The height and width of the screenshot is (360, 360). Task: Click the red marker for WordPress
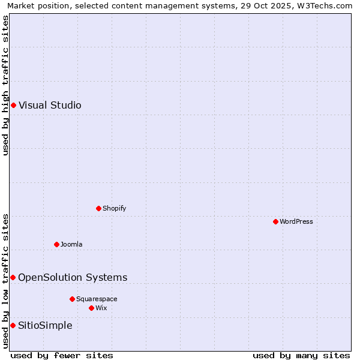tap(275, 221)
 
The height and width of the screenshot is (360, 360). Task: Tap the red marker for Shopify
tap(98, 208)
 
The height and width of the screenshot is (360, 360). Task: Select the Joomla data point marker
tap(56, 244)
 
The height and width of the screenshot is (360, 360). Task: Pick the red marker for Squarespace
tap(72, 299)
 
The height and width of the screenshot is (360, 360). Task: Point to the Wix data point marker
tap(91, 308)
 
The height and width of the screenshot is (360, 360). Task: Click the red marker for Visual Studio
tap(13, 105)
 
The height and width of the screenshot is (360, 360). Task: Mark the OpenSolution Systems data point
tap(13, 277)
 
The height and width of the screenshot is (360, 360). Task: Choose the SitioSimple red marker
tap(13, 325)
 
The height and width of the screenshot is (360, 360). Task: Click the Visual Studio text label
tap(50, 106)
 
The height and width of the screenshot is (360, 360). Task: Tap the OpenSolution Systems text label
tap(73, 277)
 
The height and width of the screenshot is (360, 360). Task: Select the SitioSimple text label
tap(45, 325)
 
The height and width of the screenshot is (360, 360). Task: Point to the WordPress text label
tap(296, 221)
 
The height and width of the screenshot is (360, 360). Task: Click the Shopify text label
tap(114, 208)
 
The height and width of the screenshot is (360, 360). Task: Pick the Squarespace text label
tap(97, 299)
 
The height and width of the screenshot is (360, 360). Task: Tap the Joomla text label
tap(71, 244)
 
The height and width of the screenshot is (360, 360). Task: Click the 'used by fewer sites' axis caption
tap(62, 355)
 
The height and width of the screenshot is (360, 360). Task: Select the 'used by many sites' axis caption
tap(301, 355)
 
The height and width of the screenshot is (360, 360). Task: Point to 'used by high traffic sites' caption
tap(5, 85)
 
